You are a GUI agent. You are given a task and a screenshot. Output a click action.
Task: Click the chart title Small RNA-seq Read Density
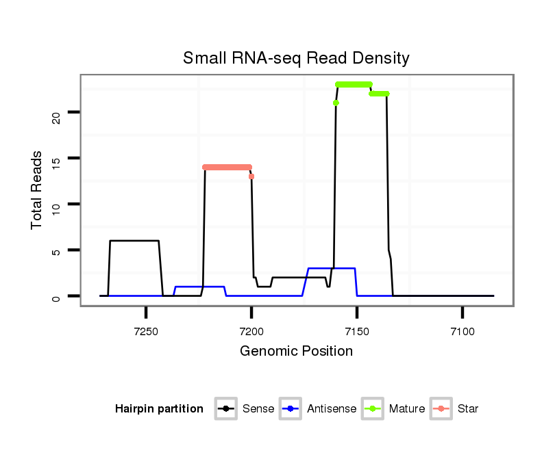296,58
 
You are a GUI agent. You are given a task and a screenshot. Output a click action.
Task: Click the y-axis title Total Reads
37,190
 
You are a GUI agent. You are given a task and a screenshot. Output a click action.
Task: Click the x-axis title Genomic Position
296,352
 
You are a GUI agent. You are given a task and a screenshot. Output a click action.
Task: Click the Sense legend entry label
258,409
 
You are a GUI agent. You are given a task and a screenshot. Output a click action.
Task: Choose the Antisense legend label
332,409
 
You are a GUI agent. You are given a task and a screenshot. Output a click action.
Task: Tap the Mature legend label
407,409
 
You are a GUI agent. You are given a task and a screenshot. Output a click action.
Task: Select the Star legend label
468,409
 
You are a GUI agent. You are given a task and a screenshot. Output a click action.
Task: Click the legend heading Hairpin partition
159,409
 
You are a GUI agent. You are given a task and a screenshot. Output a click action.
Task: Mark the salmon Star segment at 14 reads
227,167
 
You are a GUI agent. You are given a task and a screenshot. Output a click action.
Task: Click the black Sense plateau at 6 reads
134,241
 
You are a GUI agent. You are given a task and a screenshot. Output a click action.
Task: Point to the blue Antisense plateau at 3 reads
332,269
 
